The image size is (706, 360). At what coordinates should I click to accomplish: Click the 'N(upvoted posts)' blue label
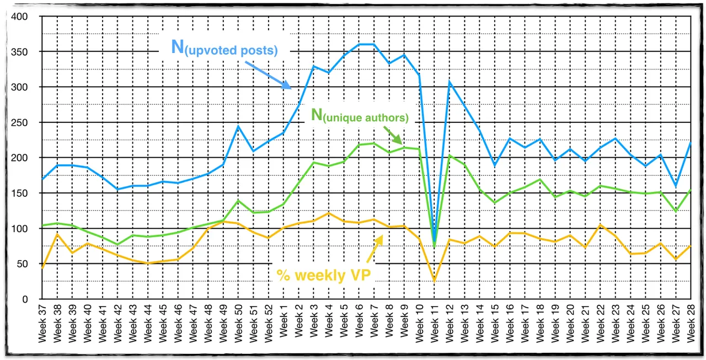pyautogui.click(x=224, y=48)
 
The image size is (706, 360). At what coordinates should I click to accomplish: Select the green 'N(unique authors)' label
pyautogui.click(x=360, y=116)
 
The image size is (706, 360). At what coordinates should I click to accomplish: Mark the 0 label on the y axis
pyautogui.click(x=25, y=299)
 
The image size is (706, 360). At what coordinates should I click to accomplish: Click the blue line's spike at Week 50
pyautogui.click(x=238, y=126)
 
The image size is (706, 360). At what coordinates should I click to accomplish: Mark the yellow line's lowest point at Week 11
pyautogui.click(x=434, y=281)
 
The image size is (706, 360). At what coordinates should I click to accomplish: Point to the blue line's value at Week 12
pyautogui.click(x=449, y=82)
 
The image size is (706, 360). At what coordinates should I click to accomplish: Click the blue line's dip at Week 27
pyautogui.click(x=675, y=186)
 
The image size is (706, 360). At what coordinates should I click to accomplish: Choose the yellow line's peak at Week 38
pyautogui.click(x=57, y=234)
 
